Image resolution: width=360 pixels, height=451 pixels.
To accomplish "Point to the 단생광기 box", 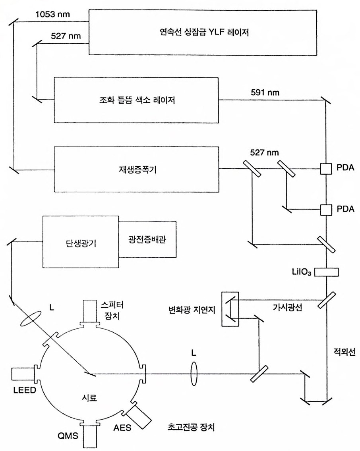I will pos(81,243).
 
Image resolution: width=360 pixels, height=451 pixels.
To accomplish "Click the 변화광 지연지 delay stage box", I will pos(230,308).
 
